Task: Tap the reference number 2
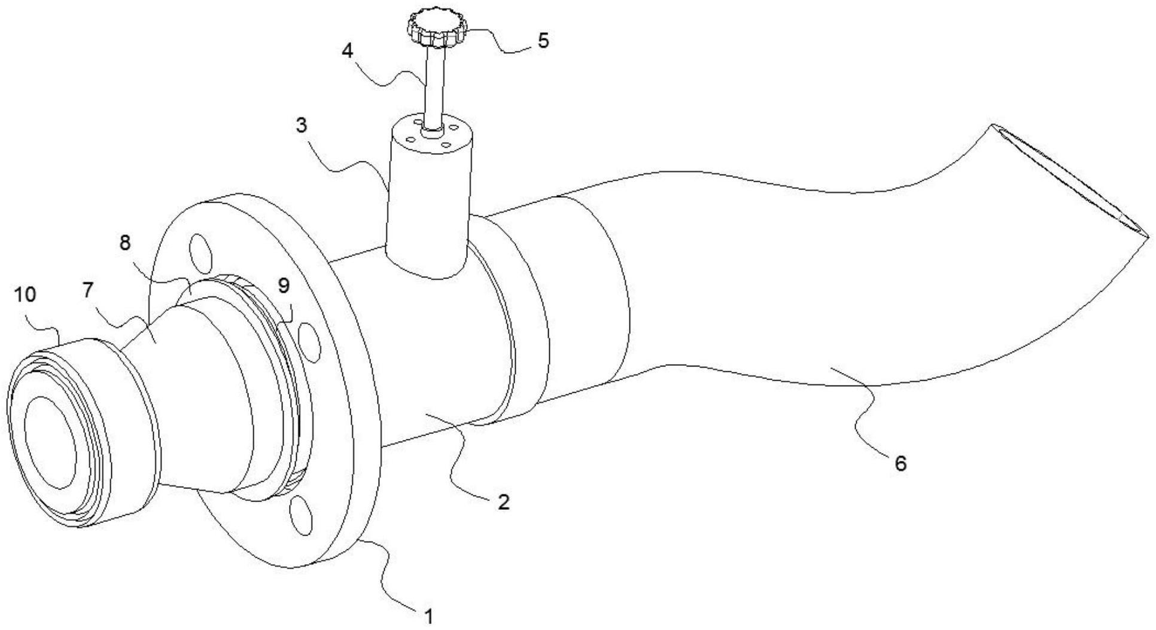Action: [x=503, y=501]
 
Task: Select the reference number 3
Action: [x=302, y=125]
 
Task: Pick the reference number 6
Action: [x=901, y=462]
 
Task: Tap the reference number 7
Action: [x=87, y=290]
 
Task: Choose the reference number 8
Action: [x=124, y=243]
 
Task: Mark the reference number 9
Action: [x=284, y=286]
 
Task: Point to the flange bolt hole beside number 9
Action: [x=309, y=341]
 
